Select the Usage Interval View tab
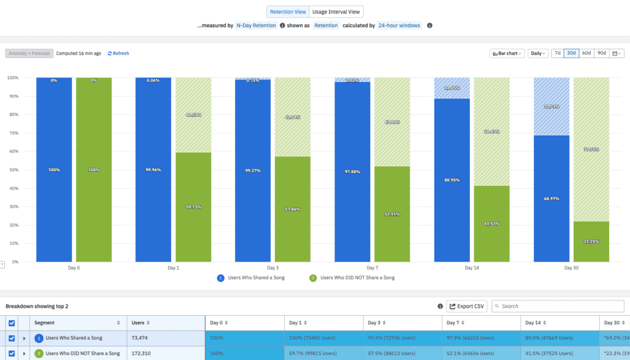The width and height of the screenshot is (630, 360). (336, 12)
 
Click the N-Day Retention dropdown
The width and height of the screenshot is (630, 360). (256, 26)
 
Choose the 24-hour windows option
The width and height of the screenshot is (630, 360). (399, 26)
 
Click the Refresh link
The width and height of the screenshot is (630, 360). (118, 54)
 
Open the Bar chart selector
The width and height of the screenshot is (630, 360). (506, 54)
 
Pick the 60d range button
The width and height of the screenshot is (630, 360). (586, 54)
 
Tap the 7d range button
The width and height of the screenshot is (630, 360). (557, 54)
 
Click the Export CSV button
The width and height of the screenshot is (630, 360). (466, 306)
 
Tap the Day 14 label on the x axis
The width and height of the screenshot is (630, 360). (472, 268)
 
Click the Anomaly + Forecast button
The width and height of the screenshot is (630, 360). (29, 54)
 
